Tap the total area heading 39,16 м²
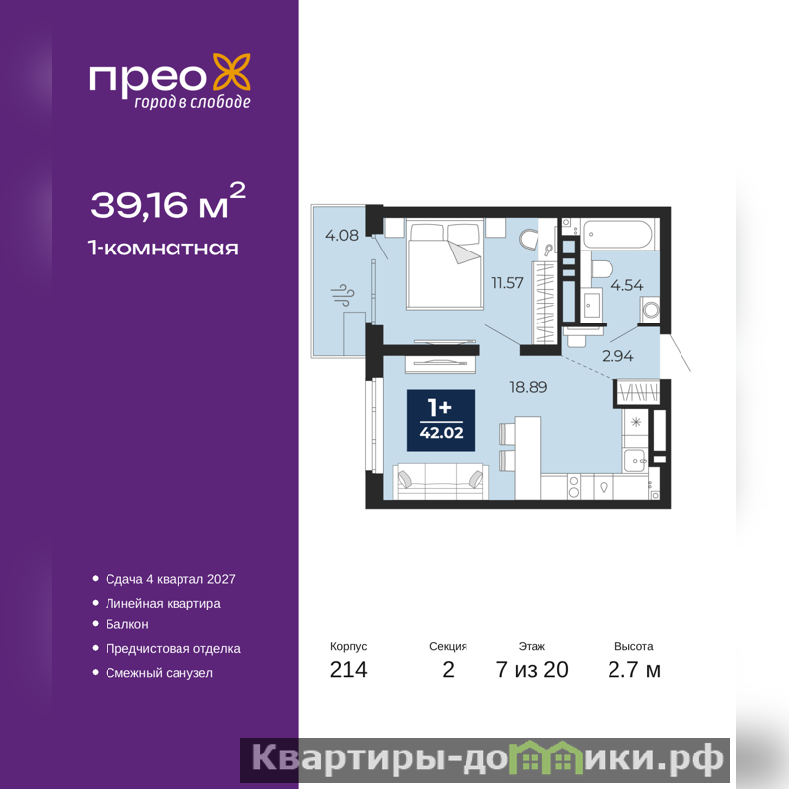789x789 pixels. [x=168, y=202]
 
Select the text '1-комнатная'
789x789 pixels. [x=163, y=249]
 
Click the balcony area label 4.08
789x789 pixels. [x=342, y=235]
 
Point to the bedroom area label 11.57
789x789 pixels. [x=507, y=283]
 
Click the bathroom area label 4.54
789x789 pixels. [x=627, y=285]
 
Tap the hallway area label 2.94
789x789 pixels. [x=617, y=356]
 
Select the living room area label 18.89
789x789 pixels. [x=529, y=387]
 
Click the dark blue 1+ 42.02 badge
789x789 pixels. [x=441, y=420]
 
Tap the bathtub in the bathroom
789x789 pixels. [x=619, y=234]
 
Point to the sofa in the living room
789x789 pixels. [x=440, y=481]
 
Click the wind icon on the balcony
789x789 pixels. [x=342, y=295]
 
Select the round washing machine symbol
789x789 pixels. [x=651, y=309]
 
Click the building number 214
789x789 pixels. [x=349, y=670]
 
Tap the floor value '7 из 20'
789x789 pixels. [x=533, y=670]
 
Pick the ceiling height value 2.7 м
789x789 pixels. [x=634, y=670]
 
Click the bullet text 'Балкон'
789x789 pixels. [x=127, y=624]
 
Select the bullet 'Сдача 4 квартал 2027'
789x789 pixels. [x=170, y=579]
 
